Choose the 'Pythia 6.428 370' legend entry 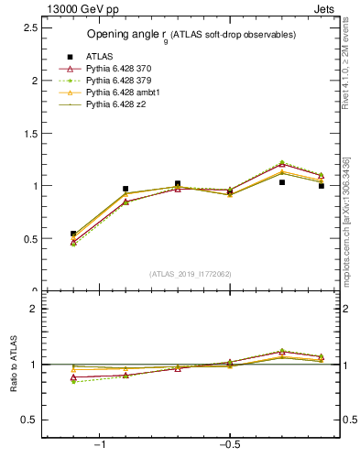tap(119, 69)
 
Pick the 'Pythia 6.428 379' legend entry tap(119, 81)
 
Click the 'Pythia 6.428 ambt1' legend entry tap(123, 93)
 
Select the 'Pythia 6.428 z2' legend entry tap(116, 104)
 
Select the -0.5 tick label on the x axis tap(229, 446)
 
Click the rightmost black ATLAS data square tap(322, 186)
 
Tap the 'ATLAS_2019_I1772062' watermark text tap(191, 274)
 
